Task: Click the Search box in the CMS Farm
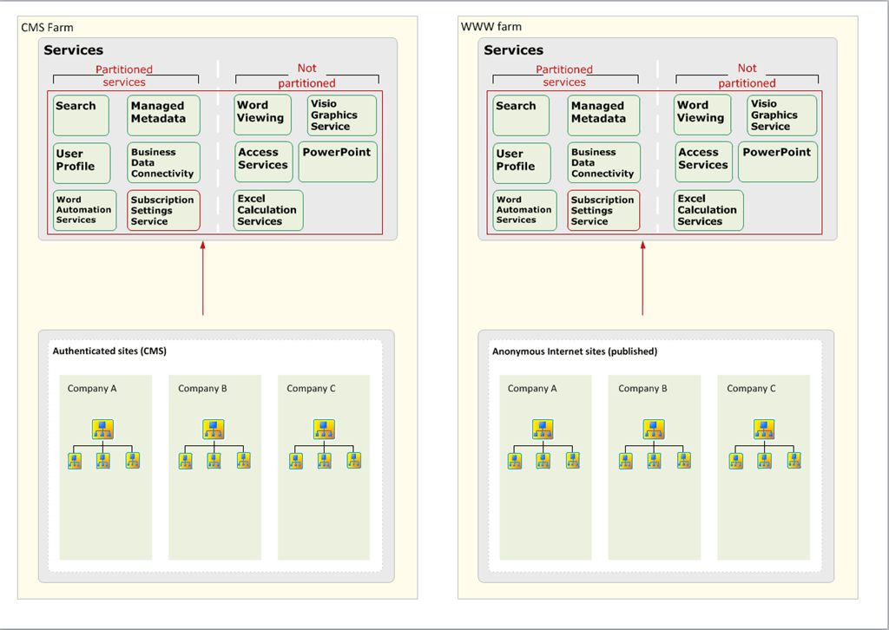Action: pyautogui.click(x=81, y=115)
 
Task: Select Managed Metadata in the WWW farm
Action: pyautogui.click(x=604, y=115)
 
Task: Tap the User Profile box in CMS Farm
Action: pyautogui.click(x=82, y=163)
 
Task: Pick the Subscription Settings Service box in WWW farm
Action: pyautogui.click(x=604, y=210)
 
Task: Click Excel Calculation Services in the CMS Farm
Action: pyautogui.click(x=268, y=210)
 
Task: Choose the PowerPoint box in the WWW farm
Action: pyautogui.click(x=778, y=162)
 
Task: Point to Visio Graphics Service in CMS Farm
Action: pyautogui.click(x=342, y=115)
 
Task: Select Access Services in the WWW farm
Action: pyautogui.click(x=703, y=162)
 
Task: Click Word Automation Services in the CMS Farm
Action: pyautogui.click(x=84, y=210)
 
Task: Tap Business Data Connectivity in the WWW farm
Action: pyautogui.click(x=604, y=163)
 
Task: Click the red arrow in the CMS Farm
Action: pyautogui.click(x=202, y=279)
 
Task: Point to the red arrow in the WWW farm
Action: pyautogui.click(x=642, y=279)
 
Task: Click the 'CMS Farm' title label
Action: pyautogui.click(x=47, y=27)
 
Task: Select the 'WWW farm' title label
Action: pyautogui.click(x=491, y=27)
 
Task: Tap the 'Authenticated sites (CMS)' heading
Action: pyautogui.click(x=109, y=351)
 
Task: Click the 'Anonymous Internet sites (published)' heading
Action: pyautogui.click(x=575, y=351)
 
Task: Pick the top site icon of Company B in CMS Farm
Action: pyautogui.click(x=214, y=430)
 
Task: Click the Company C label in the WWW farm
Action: pyautogui.click(x=751, y=389)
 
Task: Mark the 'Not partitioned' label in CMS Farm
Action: pyautogui.click(x=306, y=75)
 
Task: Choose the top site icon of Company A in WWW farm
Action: pyautogui.click(x=543, y=430)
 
